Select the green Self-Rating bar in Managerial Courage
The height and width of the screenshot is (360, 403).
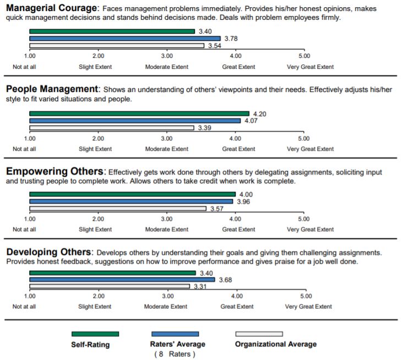(x=112, y=31)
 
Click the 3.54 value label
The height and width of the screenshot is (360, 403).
(x=214, y=46)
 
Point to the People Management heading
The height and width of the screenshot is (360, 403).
(x=52, y=89)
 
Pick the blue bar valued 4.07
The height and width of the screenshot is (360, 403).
(x=135, y=121)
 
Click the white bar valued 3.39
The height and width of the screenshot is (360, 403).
(x=112, y=128)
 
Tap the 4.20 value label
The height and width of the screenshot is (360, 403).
(x=259, y=114)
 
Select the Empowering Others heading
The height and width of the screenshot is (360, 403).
(x=55, y=172)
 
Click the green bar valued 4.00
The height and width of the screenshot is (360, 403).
(x=132, y=194)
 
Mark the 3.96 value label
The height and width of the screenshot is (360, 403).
(x=243, y=201)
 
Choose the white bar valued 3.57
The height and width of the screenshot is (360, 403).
(x=118, y=209)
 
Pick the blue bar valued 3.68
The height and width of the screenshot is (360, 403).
(x=122, y=280)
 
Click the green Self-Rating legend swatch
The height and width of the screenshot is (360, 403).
(x=95, y=334)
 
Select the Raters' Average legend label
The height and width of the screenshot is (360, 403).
(x=177, y=345)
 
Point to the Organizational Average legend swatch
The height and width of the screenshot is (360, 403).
(x=259, y=334)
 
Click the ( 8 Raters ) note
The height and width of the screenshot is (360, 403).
(x=175, y=354)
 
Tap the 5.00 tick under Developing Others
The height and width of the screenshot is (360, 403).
(x=303, y=297)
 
